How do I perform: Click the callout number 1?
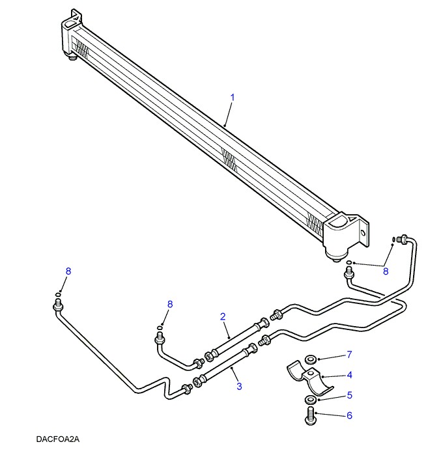tap(232, 98)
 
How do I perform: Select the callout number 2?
tap(223, 317)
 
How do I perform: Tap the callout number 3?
tap(239, 386)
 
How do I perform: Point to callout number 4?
tap(349, 375)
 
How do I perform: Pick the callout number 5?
tap(349, 395)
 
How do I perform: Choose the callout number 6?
tap(349, 415)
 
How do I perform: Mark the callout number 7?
tap(349, 355)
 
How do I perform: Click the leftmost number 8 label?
tap(68, 271)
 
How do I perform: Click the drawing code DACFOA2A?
tap(58, 439)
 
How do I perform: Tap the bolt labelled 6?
tap(310, 415)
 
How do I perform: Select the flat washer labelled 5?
tap(310, 399)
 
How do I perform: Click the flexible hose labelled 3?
tap(221, 368)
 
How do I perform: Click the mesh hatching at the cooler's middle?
tap(230, 158)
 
